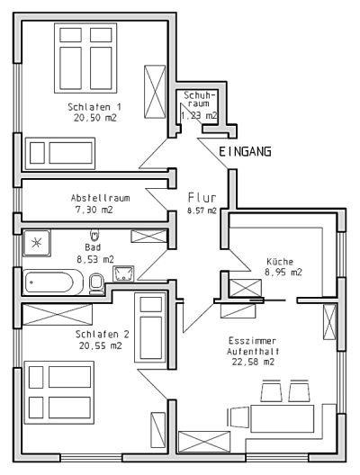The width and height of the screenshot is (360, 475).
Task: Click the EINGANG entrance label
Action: click(245, 151)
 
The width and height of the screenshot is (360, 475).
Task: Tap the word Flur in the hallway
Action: click(202, 198)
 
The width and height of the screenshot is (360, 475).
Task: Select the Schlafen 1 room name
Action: click(94, 107)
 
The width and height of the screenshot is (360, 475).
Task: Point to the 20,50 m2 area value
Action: click(94, 118)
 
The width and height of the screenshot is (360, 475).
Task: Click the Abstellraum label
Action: click(100, 198)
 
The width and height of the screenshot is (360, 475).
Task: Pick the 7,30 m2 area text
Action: click(94, 210)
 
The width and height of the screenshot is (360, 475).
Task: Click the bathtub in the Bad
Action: click(53, 282)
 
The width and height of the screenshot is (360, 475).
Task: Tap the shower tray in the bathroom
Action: click(37, 243)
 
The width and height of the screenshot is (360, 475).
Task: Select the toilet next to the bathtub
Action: click(96, 284)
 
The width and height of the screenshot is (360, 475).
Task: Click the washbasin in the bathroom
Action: click(123, 273)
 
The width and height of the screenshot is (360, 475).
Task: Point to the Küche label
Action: click(280, 261)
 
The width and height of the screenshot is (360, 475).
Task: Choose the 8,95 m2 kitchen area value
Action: click(283, 272)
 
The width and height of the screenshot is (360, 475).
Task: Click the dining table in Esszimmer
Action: click(282, 418)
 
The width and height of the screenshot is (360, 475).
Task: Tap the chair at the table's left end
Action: click(238, 417)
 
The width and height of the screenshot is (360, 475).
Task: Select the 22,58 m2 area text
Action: click(253, 362)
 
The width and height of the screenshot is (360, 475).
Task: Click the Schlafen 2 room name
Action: click(102, 334)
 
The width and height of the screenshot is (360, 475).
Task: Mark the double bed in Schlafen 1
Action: click(85, 58)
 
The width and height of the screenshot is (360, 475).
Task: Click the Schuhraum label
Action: click(200, 99)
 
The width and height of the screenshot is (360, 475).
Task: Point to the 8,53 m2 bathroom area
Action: click(95, 259)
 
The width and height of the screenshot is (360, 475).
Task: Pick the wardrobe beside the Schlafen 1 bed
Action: click(155, 92)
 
